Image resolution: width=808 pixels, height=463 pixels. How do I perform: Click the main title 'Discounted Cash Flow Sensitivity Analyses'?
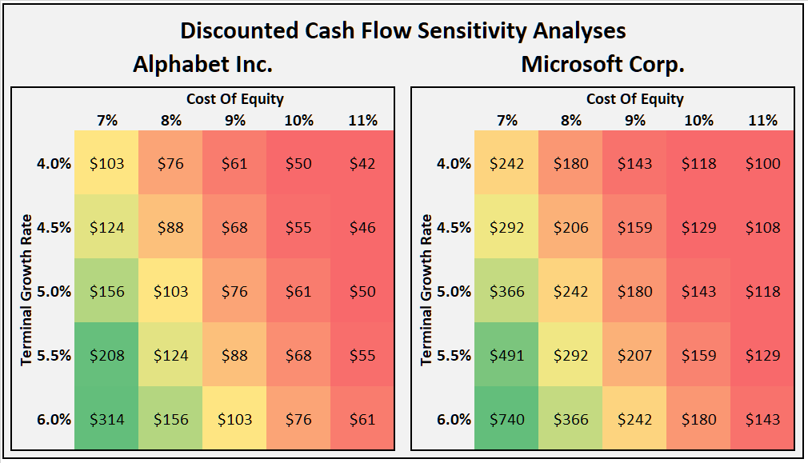[x=402, y=30]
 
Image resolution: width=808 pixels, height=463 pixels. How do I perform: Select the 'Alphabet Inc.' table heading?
[x=202, y=64]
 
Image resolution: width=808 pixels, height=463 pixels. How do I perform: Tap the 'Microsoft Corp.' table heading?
[x=602, y=64]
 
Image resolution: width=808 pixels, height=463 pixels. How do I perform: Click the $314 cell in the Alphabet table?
[x=106, y=419]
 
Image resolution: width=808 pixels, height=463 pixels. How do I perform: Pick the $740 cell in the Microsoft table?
[x=506, y=419]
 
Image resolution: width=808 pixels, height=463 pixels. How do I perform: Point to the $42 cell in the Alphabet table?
[x=362, y=163]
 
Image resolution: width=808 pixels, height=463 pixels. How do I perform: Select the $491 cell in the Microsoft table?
[x=506, y=355]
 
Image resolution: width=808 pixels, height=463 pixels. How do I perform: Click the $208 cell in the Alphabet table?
[x=106, y=355]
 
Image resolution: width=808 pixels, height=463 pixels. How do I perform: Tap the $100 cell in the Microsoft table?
[x=762, y=163]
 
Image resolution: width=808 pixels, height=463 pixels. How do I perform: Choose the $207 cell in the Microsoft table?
[x=634, y=355]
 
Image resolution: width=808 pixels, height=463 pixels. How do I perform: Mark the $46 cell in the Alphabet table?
[x=362, y=227]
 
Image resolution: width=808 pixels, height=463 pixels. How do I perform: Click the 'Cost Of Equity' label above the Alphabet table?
[x=234, y=99]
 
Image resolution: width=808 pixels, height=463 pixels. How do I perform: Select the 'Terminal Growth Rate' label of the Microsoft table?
[x=426, y=289]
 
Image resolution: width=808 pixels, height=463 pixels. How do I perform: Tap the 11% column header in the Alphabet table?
[x=362, y=120]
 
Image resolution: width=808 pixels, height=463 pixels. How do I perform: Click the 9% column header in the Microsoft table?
[x=634, y=120]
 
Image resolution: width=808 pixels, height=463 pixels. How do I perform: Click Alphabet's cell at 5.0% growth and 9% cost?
[x=234, y=291]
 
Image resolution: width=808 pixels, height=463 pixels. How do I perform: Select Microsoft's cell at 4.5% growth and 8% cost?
[x=570, y=227]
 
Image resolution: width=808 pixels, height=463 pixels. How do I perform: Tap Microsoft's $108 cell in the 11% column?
[x=762, y=227]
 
